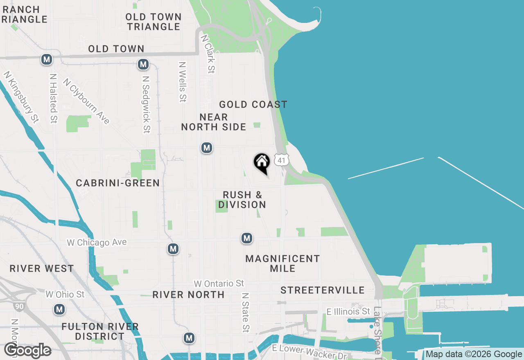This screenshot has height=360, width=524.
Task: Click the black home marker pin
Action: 262,163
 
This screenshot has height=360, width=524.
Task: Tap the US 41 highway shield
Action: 281,160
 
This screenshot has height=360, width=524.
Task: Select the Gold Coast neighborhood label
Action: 253,105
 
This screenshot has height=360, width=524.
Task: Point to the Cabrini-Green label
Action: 118,183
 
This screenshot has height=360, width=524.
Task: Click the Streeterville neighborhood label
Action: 323,290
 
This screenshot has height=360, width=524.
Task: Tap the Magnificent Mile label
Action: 282,263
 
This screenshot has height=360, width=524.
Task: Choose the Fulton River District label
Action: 100,331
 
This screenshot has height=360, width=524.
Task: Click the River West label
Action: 42,269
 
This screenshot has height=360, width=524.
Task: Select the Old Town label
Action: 116,49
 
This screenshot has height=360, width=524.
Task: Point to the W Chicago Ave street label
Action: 97,243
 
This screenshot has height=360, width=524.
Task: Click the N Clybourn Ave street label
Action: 86,101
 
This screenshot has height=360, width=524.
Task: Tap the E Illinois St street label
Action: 348,312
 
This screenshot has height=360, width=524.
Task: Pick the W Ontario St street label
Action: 219,283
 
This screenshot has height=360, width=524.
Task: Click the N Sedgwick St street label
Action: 146,103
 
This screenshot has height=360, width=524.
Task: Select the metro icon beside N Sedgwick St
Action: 143,64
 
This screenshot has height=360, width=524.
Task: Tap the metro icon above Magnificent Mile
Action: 246,238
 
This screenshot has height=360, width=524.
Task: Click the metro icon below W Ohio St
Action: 60,309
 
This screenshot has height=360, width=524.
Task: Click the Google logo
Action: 28,351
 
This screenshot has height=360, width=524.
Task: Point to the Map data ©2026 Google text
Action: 474,354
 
